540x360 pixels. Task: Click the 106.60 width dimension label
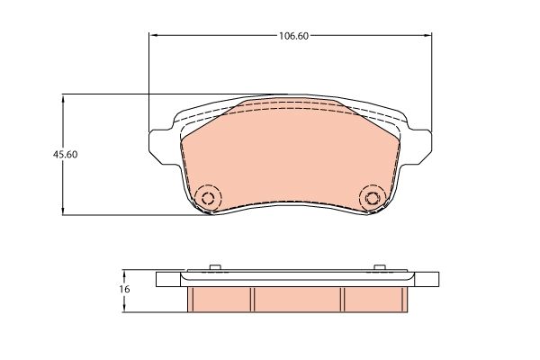click(x=293, y=36)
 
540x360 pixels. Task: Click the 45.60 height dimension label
click(x=65, y=155)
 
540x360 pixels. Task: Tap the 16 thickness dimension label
click(x=125, y=289)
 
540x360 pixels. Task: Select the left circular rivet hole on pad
click(x=208, y=198)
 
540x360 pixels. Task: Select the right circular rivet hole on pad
click(x=372, y=198)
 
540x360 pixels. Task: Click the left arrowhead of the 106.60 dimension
click(x=154, y=35)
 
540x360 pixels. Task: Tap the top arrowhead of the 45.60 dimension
click(x=63, y=100)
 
